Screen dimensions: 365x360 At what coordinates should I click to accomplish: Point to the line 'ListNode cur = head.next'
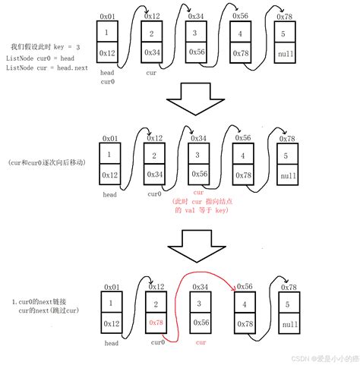click(x=42, y=68)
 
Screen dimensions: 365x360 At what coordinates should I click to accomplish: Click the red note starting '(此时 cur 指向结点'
click(x=201, y=201)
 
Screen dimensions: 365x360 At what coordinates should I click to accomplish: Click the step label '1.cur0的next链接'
click(x=43, y=302)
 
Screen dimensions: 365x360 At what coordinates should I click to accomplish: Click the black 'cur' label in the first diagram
click(x=151, y=74)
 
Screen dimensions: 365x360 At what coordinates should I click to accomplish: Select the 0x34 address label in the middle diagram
click(x=198, y=137)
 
